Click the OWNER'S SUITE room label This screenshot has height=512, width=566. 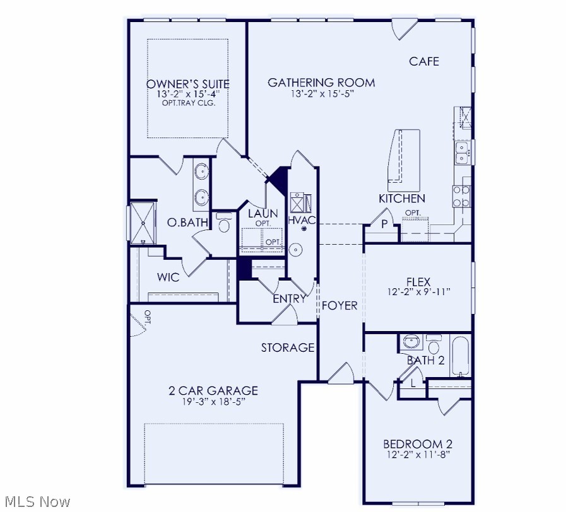pyautogui.click(x=187, y=84)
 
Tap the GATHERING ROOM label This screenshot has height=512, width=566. pyautogui.click(x=321, y=83)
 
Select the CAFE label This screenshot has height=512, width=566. pyautogui.click(x=424, y=61)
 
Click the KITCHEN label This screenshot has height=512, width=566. pyautogui.click(x=402, y=199)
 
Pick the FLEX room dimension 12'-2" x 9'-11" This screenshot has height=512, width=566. pyautogui.click(x=419, y=292)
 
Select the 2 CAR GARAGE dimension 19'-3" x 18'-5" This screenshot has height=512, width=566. pyautogui.click(x=213, y=402)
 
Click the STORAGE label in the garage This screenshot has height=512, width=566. pyautogui.click(x=288, y=347)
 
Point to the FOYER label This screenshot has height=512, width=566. pyautogui.click(x=339, y=306)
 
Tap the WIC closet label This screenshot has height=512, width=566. pyautogui.click(x=168, y=277)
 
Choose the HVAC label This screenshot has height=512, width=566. pyautogui.click(x=302, y=220)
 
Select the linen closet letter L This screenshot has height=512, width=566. pyautogui.click(x=413, y=383)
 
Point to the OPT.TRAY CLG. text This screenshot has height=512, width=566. pyautogui.click(x=188, y=103)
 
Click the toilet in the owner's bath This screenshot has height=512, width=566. pyautogui.click(x=224, y=224)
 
